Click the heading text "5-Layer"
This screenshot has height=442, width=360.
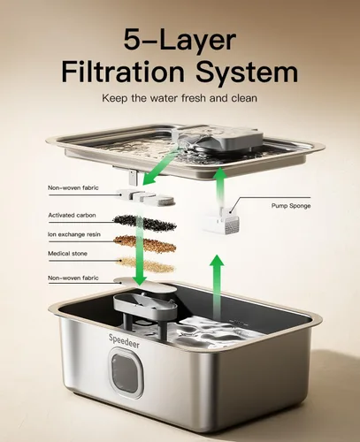pos(180,40)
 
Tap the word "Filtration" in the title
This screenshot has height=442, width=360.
pos(123,72)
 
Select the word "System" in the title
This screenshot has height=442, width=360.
pos(247,72)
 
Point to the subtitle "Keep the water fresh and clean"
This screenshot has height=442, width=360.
pos(180,98)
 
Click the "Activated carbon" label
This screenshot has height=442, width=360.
pos(72,215)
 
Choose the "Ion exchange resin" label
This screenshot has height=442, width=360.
pos(74,234)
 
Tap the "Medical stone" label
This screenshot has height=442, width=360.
pos(67,254)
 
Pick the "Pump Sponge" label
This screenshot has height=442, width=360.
pos(291,206)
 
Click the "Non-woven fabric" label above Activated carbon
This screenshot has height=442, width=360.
pos(73,187)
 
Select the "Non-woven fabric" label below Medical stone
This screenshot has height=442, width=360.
pos(73,278)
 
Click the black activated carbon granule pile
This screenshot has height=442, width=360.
pos(145,223)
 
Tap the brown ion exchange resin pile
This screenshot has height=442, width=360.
pos(145,243)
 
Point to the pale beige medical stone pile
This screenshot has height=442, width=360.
pos(145,263)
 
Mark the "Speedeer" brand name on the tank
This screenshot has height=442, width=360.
pos(124,341)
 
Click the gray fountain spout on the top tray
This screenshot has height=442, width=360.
pos(218,138)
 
